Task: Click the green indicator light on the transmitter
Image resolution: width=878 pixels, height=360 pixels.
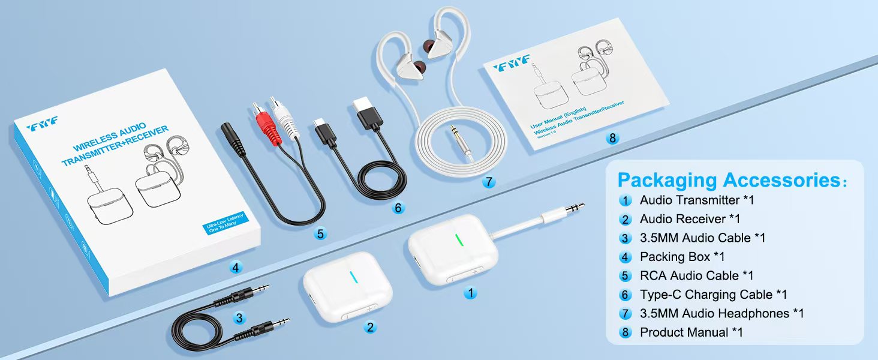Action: pyautogui.click(x=459, y=241)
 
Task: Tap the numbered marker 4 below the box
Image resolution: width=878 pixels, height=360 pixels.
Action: pyautogui.click(x=236, y=267)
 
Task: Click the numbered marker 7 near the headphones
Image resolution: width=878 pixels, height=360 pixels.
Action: pyautogui.click(x=489, y=182)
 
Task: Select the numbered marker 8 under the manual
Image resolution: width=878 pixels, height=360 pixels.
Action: pyautogui.click(x=612, y=138)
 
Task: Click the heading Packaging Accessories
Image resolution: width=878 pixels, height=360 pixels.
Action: pyautogui.click(x=732, y=180)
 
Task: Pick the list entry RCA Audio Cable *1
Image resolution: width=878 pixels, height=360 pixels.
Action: pyautogui.click(x=696, y=275)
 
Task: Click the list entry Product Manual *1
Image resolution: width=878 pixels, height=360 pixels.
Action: pyautogui.click(x=691, y=332)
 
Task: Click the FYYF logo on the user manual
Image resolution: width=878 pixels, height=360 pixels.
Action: pyautogui.click(x=511, y=64)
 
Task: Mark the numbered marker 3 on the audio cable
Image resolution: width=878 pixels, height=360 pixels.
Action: pyautogui.click(x=239, y=317)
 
